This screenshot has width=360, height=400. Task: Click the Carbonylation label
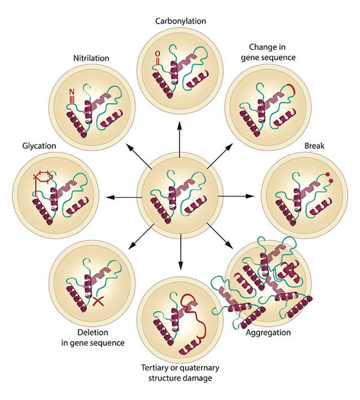coord(180,21)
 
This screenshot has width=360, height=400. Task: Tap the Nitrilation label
coord(91,58)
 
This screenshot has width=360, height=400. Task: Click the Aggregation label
coord(268,332)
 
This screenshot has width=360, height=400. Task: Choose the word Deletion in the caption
coord(91,333)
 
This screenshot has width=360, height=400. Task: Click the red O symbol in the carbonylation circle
coord(157,54)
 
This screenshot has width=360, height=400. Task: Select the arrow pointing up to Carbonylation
coord(180,144)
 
